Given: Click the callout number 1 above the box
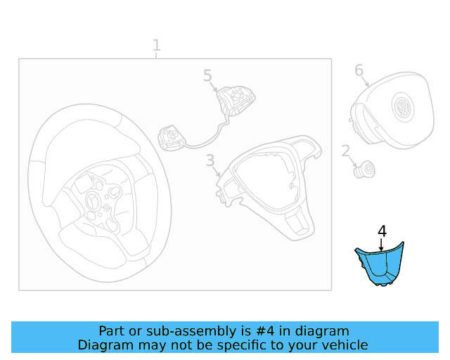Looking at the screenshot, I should pos(156,46).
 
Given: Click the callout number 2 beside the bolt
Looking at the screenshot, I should pos(345,150).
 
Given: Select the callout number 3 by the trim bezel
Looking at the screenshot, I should pos(210,161).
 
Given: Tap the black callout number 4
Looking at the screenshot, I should pos(382,231).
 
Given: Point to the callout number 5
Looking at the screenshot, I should pos(207,75).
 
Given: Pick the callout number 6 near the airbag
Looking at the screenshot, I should pos(359,70).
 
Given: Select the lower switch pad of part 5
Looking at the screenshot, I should pos(172,136).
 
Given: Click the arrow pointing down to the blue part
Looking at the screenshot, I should pos(381,245).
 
